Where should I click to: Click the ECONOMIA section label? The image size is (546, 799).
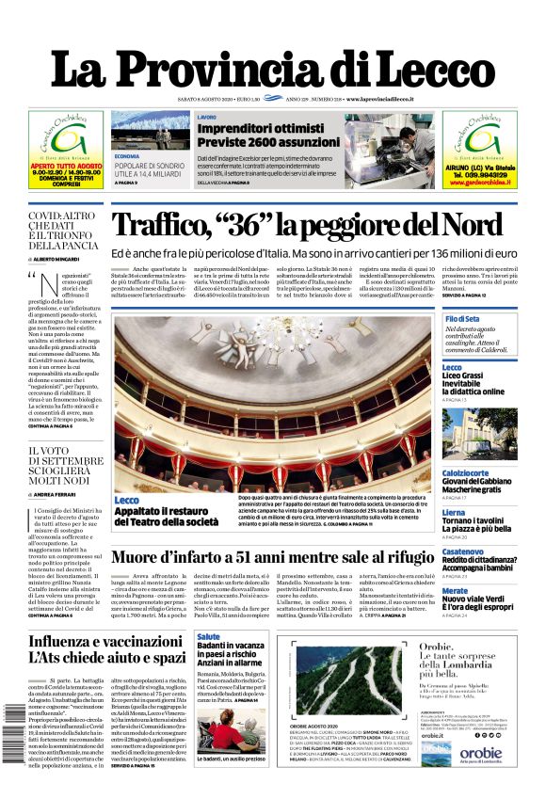click(x=127, y=155)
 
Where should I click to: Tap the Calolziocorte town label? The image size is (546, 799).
click(x=471, y=472)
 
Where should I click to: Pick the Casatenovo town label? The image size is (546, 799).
click(x=463, y=551)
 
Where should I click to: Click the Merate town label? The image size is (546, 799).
click(x=455, y=590)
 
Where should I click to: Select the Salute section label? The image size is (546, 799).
click(x=209, y=637)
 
